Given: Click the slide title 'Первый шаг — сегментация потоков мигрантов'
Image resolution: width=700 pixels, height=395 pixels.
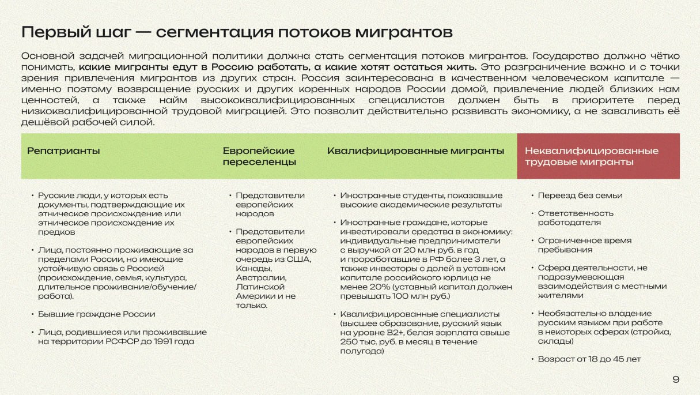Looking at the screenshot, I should (236, 32).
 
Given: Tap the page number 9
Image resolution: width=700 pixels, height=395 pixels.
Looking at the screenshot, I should (676, 379).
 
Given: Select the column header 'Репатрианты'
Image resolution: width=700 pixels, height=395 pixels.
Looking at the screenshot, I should (63, 151).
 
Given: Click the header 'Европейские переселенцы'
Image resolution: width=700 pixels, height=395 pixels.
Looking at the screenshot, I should (259, 156).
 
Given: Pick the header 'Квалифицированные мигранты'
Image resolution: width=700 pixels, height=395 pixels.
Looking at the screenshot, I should (415, 151).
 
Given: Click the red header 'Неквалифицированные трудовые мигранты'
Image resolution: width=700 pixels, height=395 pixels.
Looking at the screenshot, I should (591, 156).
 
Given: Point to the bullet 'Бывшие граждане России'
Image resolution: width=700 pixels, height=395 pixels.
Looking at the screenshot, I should (96, 314).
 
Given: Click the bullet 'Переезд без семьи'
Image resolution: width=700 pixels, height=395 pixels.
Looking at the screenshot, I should (580, 195).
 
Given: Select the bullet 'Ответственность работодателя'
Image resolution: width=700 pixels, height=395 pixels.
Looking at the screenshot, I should (576, 217).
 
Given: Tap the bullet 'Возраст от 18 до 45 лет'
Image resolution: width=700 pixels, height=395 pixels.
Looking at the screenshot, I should (589, 359).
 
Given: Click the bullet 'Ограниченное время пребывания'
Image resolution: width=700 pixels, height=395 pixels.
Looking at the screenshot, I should (576, 244).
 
